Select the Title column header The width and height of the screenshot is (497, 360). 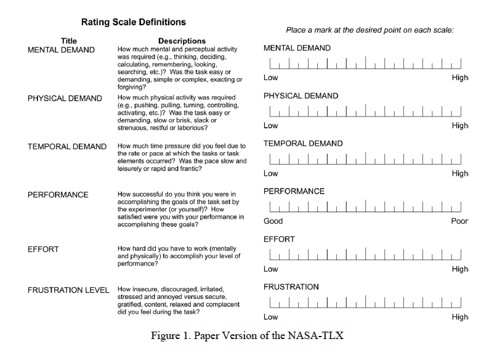(x=69, y=41)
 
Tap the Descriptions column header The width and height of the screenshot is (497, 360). (x=181, y=41)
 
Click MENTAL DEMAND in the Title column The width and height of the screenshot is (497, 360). (x=61, y=50)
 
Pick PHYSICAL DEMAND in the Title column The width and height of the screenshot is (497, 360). (x=65, y=99)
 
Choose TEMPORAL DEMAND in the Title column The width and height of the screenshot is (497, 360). (x=67, y=147)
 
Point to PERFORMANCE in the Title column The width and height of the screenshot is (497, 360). (x=58, y=195)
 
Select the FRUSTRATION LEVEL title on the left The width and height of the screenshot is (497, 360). (x=68, y=290)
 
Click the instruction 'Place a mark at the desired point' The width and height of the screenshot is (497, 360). (x=370, y=30)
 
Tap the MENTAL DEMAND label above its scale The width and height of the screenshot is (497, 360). (x=297, y=48)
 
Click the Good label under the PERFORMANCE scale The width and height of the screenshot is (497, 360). (x=273, y=221)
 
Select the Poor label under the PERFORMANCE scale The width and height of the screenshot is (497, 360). (x=459, y=221)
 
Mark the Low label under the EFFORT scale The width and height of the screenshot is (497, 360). (x=270, y=269)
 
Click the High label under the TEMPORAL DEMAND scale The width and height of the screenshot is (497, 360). (x=459, y=174)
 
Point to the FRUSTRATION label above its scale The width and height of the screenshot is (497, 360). (x=291, y=287)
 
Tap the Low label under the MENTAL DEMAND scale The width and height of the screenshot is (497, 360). (x=270, y=78)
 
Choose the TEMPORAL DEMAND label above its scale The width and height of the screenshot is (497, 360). (x=303, y=144)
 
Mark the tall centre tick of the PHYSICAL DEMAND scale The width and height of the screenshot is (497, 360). (x=366, y=109)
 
